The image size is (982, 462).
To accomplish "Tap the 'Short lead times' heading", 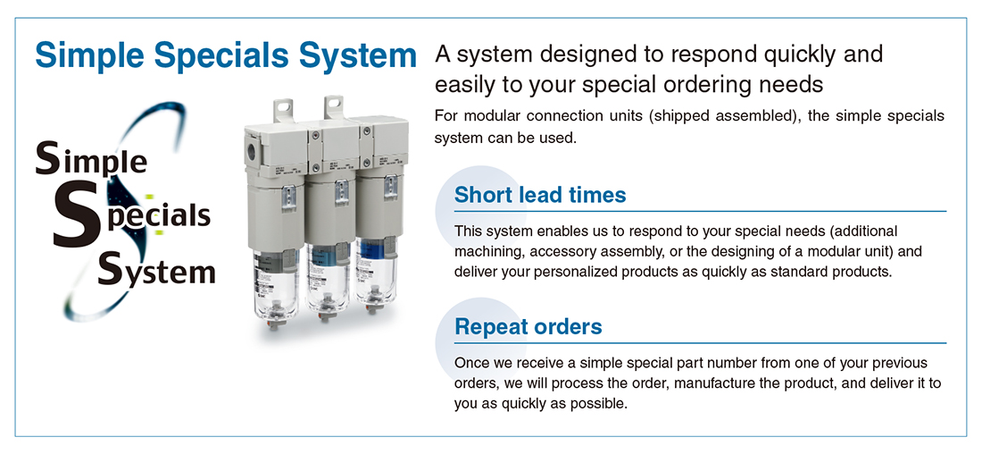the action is [x=540, y=195].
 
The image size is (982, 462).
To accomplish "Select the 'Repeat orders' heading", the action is [x=528, y=326].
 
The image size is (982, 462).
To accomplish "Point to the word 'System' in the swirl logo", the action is [x=156, y=272].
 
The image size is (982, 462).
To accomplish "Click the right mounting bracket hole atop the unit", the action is [x=334, y=103].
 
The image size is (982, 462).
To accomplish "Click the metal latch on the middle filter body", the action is [x=341, y=192].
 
